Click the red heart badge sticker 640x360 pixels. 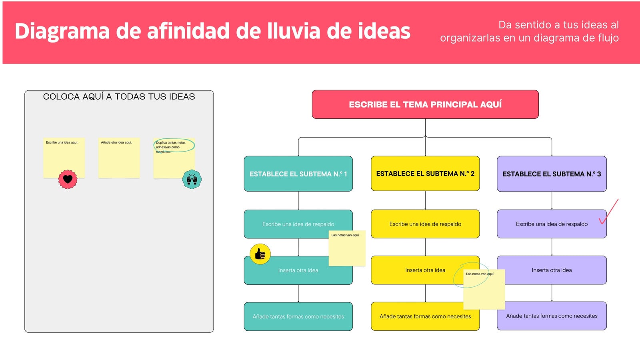tap(68, 179)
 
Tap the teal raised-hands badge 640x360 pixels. tap(192, 179)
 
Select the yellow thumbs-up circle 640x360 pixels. tap(260, 254)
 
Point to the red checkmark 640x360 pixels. tap(609, 212)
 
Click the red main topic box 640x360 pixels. tap(425, 104)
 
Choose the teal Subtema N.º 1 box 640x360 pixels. tap(298, 174)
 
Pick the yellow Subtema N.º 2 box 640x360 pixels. tap(425, 174)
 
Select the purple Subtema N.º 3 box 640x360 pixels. tap(552, 174)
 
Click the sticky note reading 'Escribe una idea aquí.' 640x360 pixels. tap(64, 158)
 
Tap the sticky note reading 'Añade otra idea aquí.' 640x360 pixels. tap(119, 158)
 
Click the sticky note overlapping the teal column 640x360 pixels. tap(347, 248)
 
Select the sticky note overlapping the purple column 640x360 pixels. tap(484, 290)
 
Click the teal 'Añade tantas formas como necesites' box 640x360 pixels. tap(298, 316)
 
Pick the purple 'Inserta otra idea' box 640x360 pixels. tap(552, 270)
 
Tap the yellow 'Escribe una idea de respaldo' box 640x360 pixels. tap(425, 224)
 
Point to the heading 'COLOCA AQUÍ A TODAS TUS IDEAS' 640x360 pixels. tap(119, 96)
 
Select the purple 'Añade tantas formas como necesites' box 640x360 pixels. tap(552, 316)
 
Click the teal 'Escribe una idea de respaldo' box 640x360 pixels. tap(298, 224)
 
